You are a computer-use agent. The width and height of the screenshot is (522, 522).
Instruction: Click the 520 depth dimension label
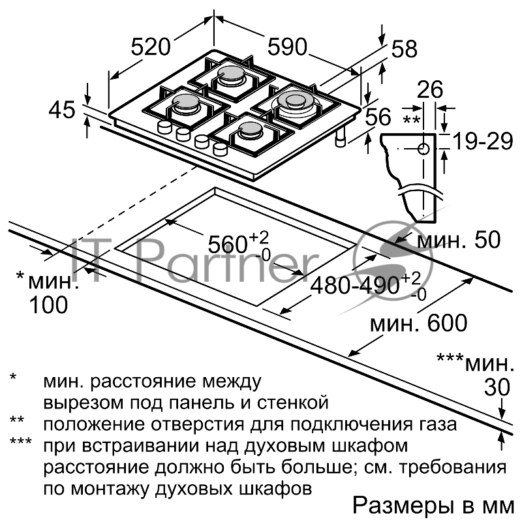coord(151,46)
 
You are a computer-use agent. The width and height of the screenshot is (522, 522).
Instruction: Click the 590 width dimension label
coord(286,46)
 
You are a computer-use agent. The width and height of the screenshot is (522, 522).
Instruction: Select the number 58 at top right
coord(404,49)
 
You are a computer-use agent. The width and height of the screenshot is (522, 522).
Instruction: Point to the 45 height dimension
coord(63,110)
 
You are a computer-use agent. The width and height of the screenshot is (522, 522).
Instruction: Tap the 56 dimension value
coord(378,117)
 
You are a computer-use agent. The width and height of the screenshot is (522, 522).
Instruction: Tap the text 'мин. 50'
coord(458,240)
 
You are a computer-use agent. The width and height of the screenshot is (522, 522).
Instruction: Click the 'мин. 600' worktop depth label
coord(418,322)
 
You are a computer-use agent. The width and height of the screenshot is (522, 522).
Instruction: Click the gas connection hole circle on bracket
coord(423,149)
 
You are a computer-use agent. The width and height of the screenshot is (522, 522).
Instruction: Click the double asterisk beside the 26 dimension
coord(411,120)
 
